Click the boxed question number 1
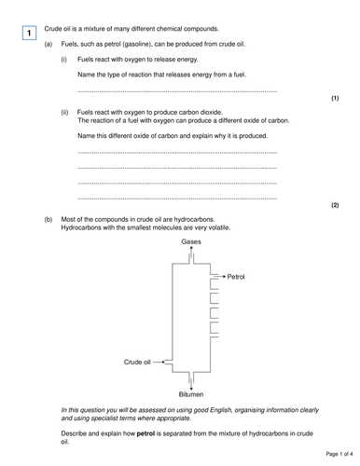point(29,34)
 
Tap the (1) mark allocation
point(335,98)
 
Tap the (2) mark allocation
point(335,204)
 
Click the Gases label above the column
point(191,240)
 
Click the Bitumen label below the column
point(192,393)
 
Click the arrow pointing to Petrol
point(218,277)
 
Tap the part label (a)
point(48,44)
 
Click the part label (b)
point(48,220)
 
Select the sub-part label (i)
point(64,58)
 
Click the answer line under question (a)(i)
point(177,91)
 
